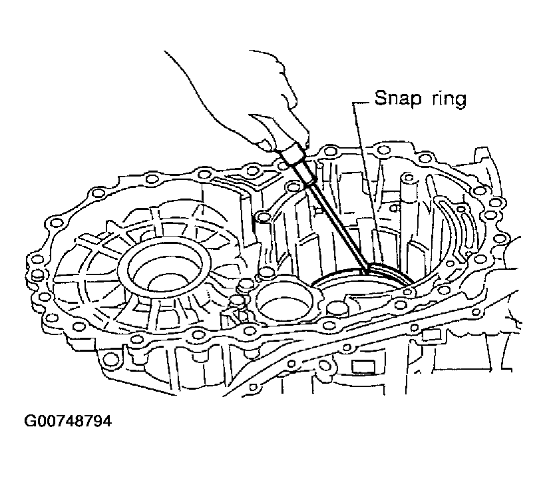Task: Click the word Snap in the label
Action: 398,98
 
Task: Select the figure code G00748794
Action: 68,421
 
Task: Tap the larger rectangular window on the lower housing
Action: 363,367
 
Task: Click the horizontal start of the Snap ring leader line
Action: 361,103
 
